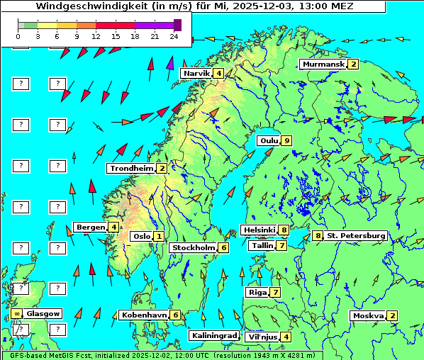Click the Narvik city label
[x=196, y=74]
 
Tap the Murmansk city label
[x=323, y=64]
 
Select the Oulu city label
[x=268, y=140]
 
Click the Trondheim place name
[x=131, y=169]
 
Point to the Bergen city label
[x=90, y=227]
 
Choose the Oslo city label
[x=141, y=237]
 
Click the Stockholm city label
[x=193, y=248]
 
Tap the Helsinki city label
[x=258, y=230]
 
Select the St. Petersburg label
[x=356, y=235]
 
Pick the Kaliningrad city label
[x=213, y=336]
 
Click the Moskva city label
[x=368, y=316]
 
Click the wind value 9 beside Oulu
[x=286, y=140]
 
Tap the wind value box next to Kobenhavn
[x=175, y=315]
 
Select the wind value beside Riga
[x=275, y=293]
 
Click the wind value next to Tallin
[x=281, y=246]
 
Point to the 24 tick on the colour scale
[x=174, y=35]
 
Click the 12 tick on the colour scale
[x=96, y=35]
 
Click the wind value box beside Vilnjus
[x=286, y=337]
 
